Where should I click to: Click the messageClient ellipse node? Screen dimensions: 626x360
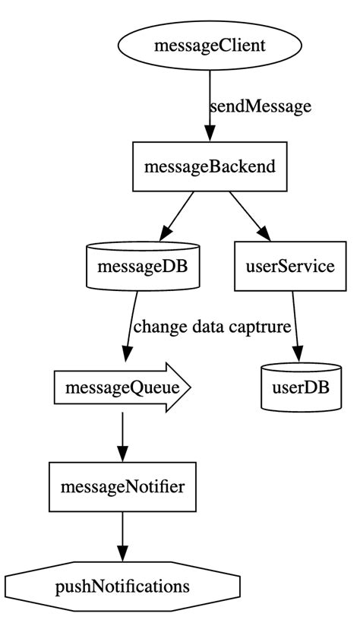coord(210,46)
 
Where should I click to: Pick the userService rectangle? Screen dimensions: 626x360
coord(290,267)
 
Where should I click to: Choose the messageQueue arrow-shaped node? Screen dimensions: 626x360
coord(122,387)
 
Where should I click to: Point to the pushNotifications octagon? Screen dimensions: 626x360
coord(122,586)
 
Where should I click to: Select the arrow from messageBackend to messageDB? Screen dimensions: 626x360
coord(176,215)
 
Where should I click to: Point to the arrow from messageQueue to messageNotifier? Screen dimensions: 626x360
coord(122,437)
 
